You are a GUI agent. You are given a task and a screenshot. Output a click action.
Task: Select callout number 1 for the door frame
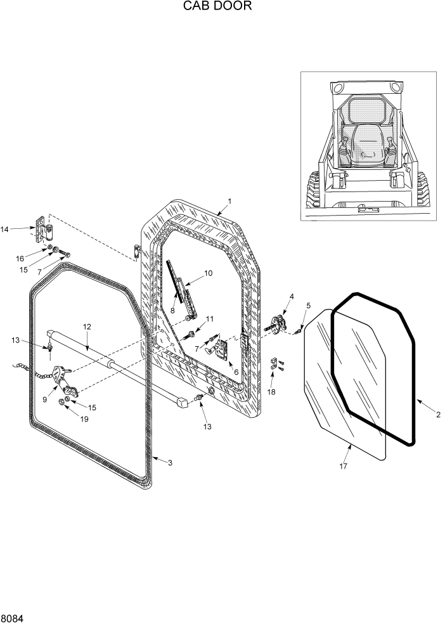pyautogui.click(x=229, y=201)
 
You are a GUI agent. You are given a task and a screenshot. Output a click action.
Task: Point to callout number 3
pyautogui.click(x=170, y=463)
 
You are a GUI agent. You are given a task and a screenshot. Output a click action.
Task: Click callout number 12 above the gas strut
pyautogui.click(x=87, y=327)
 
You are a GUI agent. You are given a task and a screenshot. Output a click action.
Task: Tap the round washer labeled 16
pyautogui.click(x=49, y=248)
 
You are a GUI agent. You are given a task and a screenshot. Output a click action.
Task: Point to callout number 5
pyautogui.click(x=308, y=306)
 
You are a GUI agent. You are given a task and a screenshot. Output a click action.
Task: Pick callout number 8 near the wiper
pyautogui.click(x=172, y=311)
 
